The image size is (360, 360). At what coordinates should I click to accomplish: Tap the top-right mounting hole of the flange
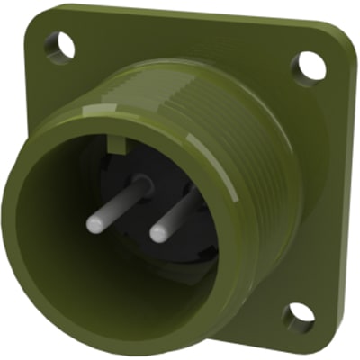[309, 63]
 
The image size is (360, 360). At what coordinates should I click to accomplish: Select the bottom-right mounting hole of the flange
[298, 316]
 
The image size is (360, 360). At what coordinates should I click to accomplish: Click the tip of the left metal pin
[94, 225]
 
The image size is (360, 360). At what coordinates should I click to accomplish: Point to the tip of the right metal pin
[158, 234]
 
